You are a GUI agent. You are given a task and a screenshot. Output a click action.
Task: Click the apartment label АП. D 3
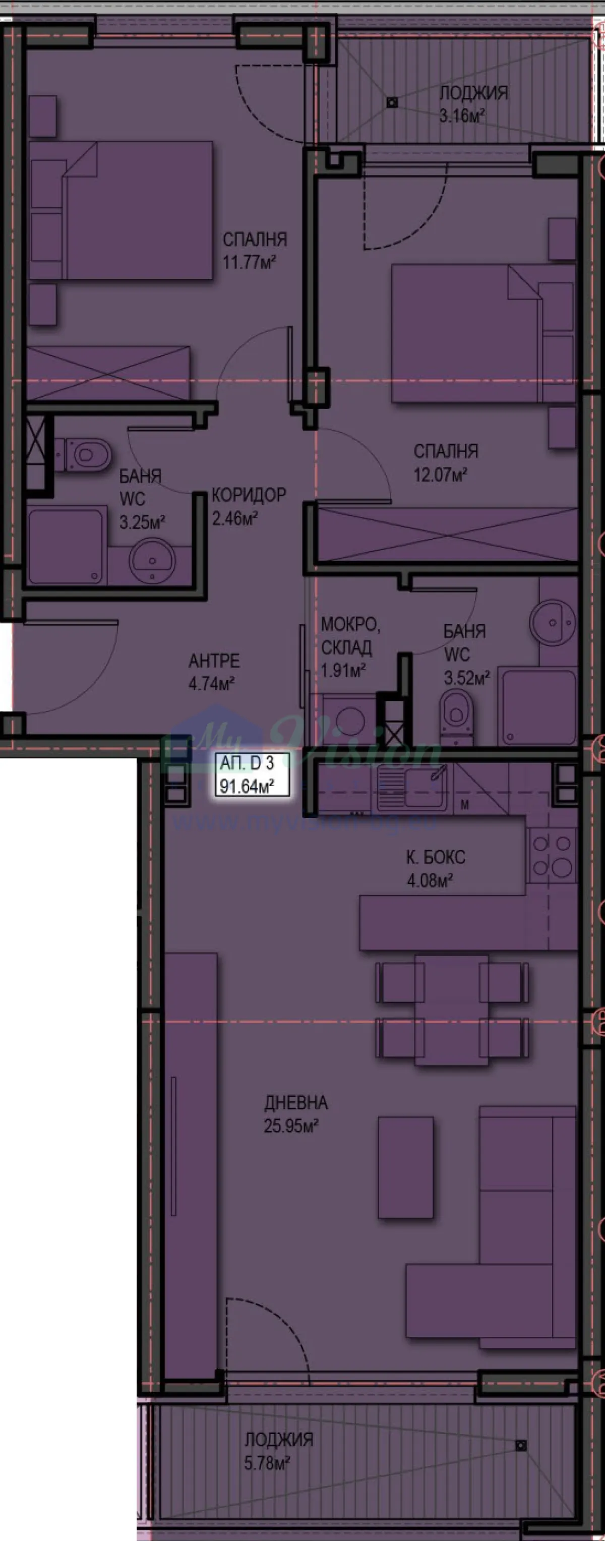247,763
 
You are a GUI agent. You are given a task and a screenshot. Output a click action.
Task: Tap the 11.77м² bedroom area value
249,262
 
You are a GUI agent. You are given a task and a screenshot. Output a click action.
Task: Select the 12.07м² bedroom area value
440,475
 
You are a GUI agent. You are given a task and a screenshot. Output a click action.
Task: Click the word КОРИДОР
249,495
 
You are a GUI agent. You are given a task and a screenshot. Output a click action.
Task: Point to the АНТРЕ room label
214,661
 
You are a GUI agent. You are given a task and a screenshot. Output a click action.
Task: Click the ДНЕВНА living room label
296,1102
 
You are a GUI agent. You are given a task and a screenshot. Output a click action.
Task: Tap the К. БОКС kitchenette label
435,857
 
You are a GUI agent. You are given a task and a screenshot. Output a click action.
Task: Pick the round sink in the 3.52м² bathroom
553,623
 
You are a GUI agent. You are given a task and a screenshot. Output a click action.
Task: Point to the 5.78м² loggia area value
267,1463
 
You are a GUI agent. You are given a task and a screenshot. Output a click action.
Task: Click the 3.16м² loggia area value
461,115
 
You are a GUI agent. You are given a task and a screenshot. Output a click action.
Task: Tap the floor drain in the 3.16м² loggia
392,102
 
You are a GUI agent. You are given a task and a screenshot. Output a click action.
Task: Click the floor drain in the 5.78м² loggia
521,1445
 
